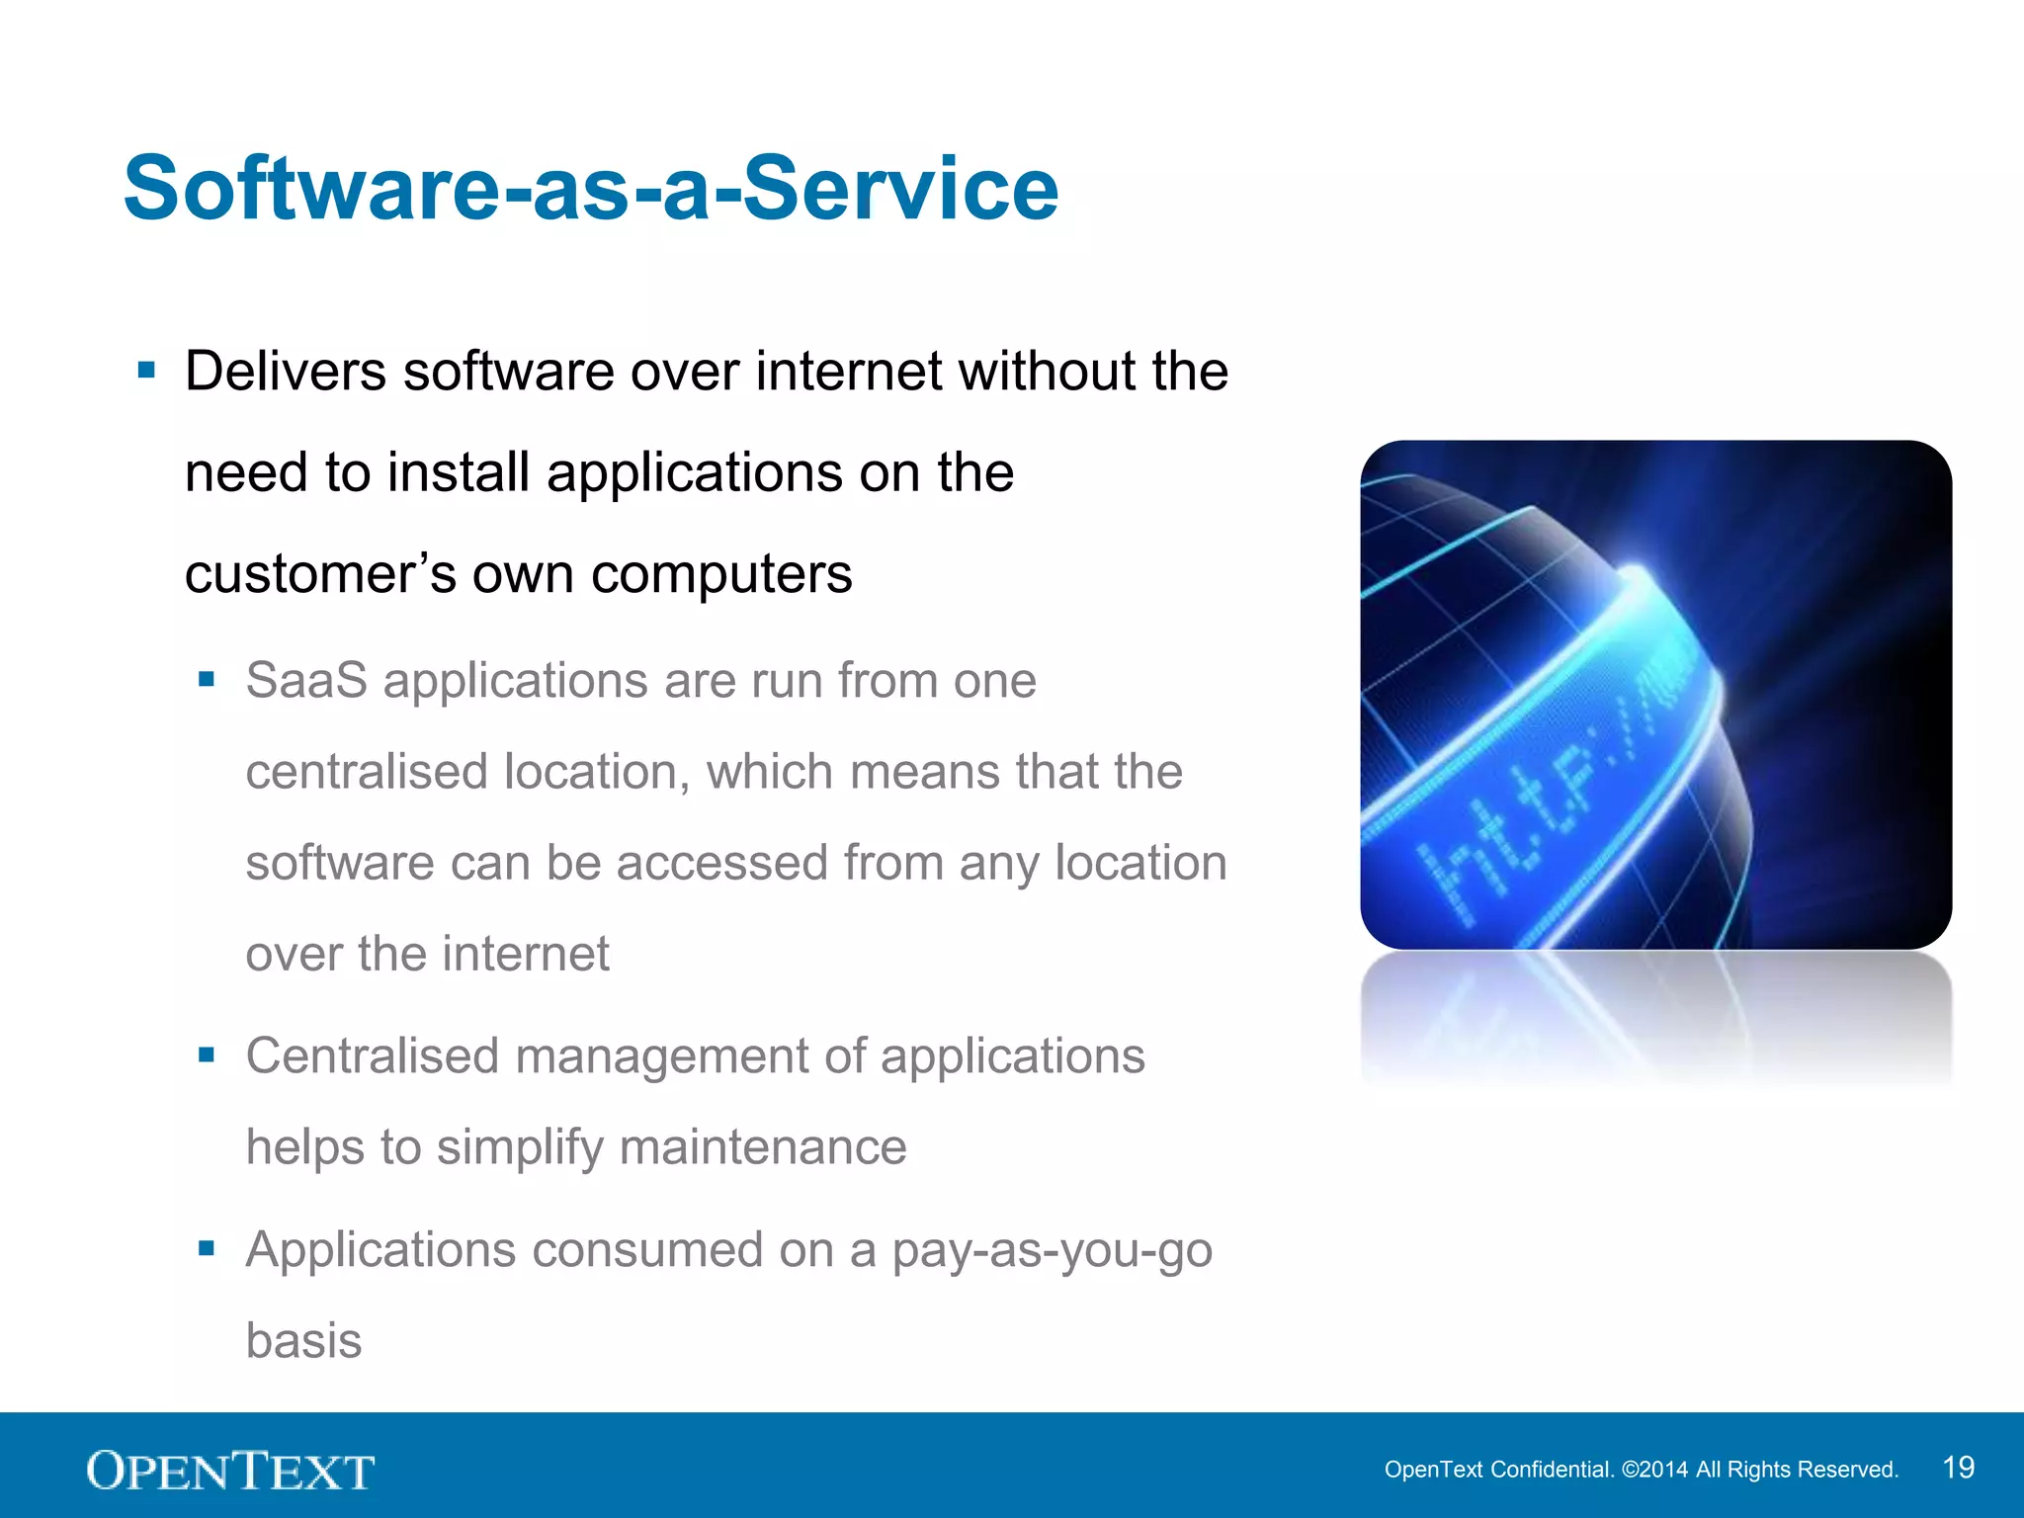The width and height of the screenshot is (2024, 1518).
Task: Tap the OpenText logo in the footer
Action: point(230,1471)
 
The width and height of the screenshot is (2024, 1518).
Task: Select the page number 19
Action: point(1958,1468)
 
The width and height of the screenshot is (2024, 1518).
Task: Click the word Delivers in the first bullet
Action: point(286,372)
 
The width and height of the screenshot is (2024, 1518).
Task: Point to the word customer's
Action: point(320,574)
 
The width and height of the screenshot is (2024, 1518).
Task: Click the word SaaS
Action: point(306,681)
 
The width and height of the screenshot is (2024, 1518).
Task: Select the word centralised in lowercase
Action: point(367,772)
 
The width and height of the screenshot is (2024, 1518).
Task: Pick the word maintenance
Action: point(763,1147)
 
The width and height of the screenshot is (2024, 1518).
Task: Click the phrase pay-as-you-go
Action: point(1052,1251)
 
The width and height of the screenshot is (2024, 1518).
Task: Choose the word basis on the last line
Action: point(303,1341)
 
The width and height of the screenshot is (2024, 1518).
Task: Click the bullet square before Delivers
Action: point(147,371)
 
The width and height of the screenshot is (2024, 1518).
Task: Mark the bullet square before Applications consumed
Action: point(207,1248)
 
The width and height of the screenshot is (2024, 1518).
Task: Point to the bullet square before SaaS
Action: point(207,679)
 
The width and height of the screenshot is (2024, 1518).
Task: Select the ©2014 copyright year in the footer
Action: point(1654,1470)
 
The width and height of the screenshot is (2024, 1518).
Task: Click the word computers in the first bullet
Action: point(721,574)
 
